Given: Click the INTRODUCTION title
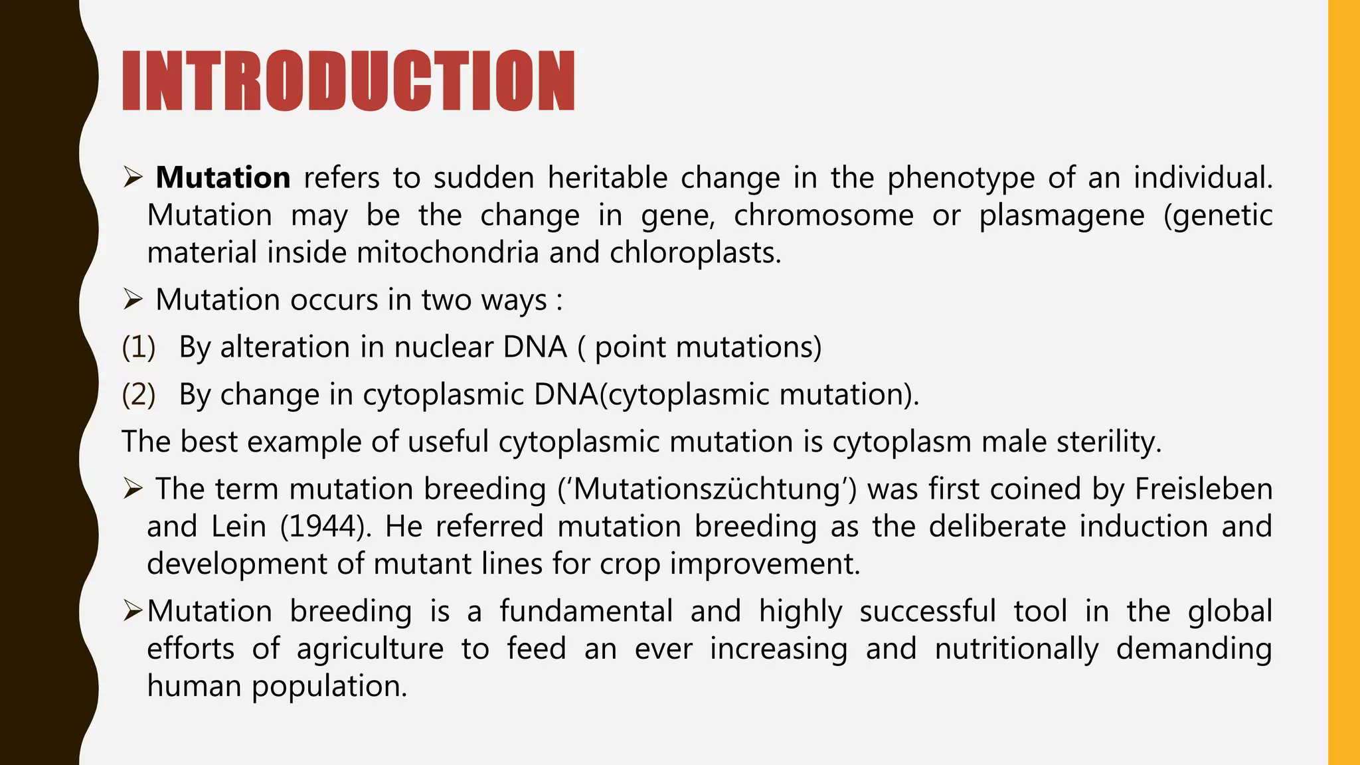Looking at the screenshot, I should click(349, 81).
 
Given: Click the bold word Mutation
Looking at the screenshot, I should click(222, 178).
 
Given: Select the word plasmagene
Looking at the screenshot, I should click(1062, 215).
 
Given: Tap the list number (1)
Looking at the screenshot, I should click(138, 347).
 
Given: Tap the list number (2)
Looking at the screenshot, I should click(138, 394).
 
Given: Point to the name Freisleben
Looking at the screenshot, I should click(1203, 489).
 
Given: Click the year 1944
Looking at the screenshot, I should click(322, 527).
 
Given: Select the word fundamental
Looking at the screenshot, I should click(586, 611).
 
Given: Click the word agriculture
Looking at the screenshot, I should click(370, 648).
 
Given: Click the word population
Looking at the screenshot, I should click(329, 685).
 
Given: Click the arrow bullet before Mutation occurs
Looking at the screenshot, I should click(133, 300).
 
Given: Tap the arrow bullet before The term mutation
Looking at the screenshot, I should click(133, 490).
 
